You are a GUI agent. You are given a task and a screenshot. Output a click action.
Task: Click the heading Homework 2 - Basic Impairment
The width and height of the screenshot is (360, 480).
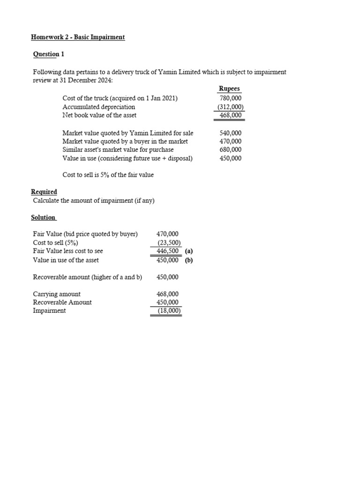pos(78,37)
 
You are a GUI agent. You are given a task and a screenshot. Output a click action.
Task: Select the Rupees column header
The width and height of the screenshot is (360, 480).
pos(229,89)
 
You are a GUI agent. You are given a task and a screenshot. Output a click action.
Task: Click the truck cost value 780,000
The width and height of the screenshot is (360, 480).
pos(230,98)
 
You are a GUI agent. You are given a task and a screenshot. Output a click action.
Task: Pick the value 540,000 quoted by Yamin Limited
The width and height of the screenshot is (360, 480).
pos(230,133)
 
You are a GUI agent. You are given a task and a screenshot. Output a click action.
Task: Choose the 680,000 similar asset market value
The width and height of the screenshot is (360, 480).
pos(230,150)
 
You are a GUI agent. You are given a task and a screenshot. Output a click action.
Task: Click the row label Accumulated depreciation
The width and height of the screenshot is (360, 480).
pos(98,107)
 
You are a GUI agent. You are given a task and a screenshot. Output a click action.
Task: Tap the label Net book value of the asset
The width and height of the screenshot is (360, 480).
pos(99,115)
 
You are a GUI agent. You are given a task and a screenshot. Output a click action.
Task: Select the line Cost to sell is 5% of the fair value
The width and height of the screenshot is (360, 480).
pos(108,175)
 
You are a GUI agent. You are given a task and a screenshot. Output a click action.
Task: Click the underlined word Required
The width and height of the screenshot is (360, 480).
pos(44,192)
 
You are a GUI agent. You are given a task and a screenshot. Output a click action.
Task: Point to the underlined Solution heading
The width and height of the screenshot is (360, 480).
pos(43,217)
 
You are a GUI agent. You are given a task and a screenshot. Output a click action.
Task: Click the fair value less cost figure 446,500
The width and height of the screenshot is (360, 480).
pos(167,251)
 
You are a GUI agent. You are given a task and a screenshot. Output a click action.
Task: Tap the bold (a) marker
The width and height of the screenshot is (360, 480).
pos(188,251)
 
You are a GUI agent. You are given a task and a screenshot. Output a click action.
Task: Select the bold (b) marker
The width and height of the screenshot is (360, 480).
pos(188,260)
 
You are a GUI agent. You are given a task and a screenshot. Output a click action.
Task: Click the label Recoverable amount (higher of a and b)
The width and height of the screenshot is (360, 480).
pos(87,277)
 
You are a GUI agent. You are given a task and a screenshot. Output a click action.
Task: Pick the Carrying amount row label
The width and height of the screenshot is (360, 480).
pos(56,294)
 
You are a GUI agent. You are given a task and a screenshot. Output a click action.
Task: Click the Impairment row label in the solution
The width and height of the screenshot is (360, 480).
pos(49,311)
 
